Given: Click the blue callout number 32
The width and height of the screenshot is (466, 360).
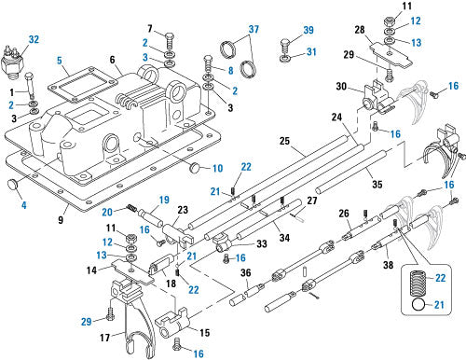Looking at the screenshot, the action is (x=34, y=40).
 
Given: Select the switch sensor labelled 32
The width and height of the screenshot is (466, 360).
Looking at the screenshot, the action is (x=12, y=62).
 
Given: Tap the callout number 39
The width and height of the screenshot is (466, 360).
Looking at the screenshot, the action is (x=308, y=30).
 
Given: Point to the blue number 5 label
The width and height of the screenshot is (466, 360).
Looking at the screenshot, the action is (x=60, y=61).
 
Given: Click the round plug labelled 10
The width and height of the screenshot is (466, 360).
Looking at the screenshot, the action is (x=195, y=167).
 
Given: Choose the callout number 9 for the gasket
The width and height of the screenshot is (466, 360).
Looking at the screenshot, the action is (x=61, y=220).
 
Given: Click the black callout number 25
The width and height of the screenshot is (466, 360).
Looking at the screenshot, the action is (x=284, y=141).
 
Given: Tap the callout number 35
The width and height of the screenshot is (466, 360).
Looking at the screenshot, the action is (x=377, y=184).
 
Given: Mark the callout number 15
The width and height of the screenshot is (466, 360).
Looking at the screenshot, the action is (x=204, y=333).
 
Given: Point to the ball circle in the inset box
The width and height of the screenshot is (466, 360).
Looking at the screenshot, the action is (x=418, y=304).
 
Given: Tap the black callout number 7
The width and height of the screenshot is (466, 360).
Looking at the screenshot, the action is (x=150, y=29).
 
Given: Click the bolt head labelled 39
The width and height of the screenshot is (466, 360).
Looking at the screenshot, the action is (x=285, y=41).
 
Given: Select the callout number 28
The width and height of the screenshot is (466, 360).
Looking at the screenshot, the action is (x=360, y=30).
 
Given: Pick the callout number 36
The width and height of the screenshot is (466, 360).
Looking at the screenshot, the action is (x=246, y=273).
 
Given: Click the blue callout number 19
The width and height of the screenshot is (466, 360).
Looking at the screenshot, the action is (x=164, y=200).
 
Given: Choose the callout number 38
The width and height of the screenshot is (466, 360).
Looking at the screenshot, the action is (x=388, y=265).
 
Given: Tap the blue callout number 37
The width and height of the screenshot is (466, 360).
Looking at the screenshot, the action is (x=254, y=29).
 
